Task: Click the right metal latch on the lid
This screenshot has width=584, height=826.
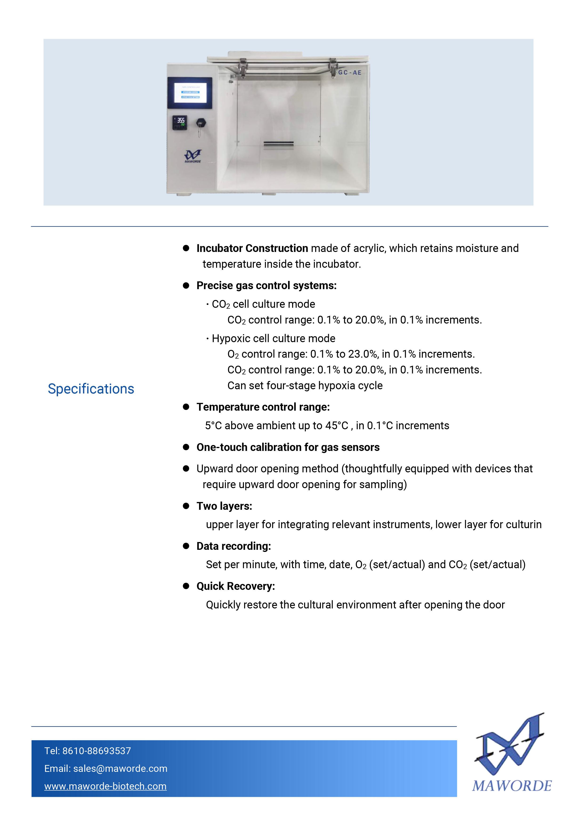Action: tap(333, 67)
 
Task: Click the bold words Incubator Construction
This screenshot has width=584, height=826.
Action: tap(252, 248)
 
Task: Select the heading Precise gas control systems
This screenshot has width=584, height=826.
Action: tap(266, 285)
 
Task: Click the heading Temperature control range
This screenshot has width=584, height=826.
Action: tap(263, 407)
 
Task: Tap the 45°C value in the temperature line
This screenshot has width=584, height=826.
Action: tap(337, 425)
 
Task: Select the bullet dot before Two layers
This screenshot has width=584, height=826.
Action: tap(186, 506)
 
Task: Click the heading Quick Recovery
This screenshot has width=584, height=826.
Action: tap(236, 586)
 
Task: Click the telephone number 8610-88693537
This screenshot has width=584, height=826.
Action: tap(97, 751)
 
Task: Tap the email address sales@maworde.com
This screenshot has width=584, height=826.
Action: tap(120, 769)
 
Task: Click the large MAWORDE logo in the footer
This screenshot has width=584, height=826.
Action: tap(511, 753)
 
